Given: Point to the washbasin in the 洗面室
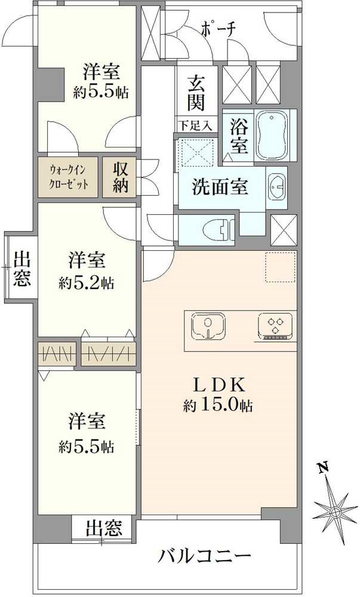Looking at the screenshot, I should click(276, 186).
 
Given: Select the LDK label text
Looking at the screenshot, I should click(219, 383).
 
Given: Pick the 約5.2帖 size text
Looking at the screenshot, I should click(87, 282).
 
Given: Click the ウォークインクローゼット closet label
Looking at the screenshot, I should click(69, 177).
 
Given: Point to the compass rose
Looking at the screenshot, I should click(335, 512).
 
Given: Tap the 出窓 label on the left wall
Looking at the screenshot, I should click(22, 270).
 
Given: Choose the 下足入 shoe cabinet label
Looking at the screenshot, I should click(196, 125).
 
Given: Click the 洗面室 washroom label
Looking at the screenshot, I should click(220, 187).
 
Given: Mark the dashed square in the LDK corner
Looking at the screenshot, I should click(281, 266).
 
